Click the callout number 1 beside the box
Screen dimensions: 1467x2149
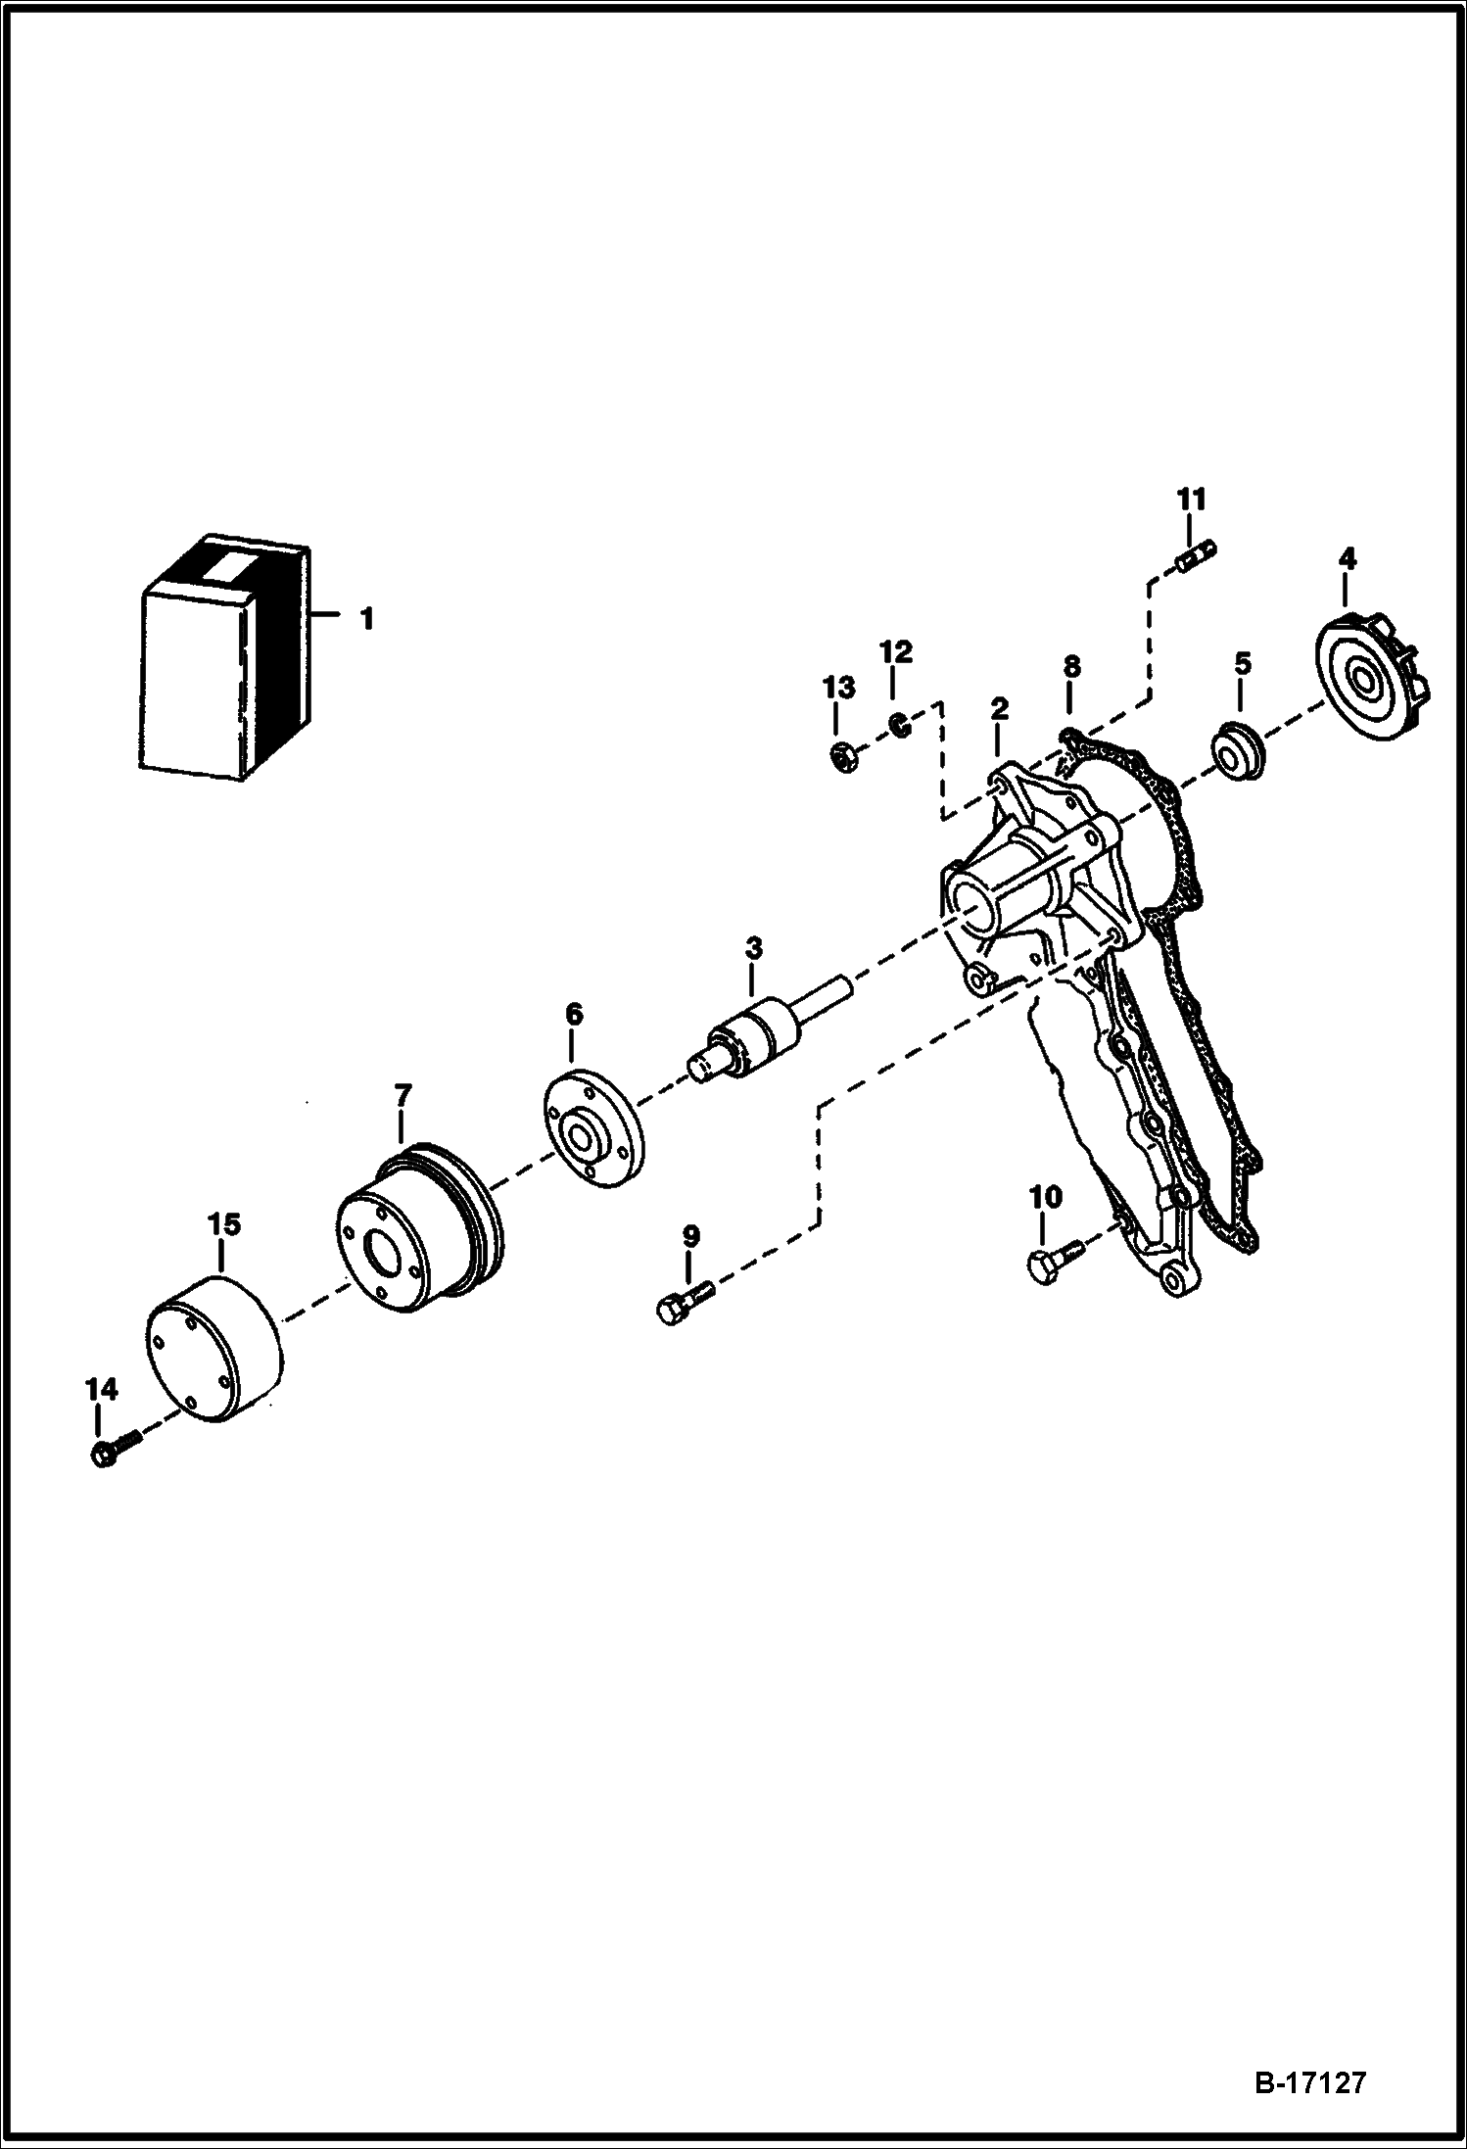tap(365, 619)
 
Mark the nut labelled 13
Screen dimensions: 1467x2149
tap(845, 758)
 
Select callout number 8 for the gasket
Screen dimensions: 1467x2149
tap(1071, 666)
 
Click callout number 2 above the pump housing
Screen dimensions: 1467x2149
tap(999, 707)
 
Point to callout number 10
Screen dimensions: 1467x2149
tap(1045, 1196)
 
